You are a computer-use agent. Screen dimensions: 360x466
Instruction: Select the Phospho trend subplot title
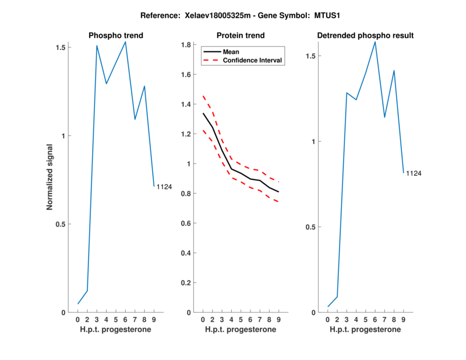click(x=115, y=36)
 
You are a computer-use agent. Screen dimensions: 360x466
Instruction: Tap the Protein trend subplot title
click(x=241, y=36)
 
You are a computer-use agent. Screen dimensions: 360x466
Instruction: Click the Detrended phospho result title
click(x=365, y=36)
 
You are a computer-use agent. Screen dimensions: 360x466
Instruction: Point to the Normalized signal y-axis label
click(x=50, y=177)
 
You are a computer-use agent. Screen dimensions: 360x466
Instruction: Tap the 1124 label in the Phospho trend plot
click(x=164, y=186)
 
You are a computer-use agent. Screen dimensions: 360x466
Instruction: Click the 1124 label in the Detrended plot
click(x=414, y=174)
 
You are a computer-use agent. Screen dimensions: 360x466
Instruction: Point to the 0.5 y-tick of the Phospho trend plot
click(x=61, y=224)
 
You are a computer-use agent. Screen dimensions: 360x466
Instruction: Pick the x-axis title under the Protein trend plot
click(x=241, y=330)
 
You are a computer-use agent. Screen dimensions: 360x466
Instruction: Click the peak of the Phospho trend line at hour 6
click(x=125, y=42)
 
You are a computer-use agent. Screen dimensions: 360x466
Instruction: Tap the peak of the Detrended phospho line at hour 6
click(x=375, y=42)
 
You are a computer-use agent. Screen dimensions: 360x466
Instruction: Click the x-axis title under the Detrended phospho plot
click(x=365, y=330)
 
